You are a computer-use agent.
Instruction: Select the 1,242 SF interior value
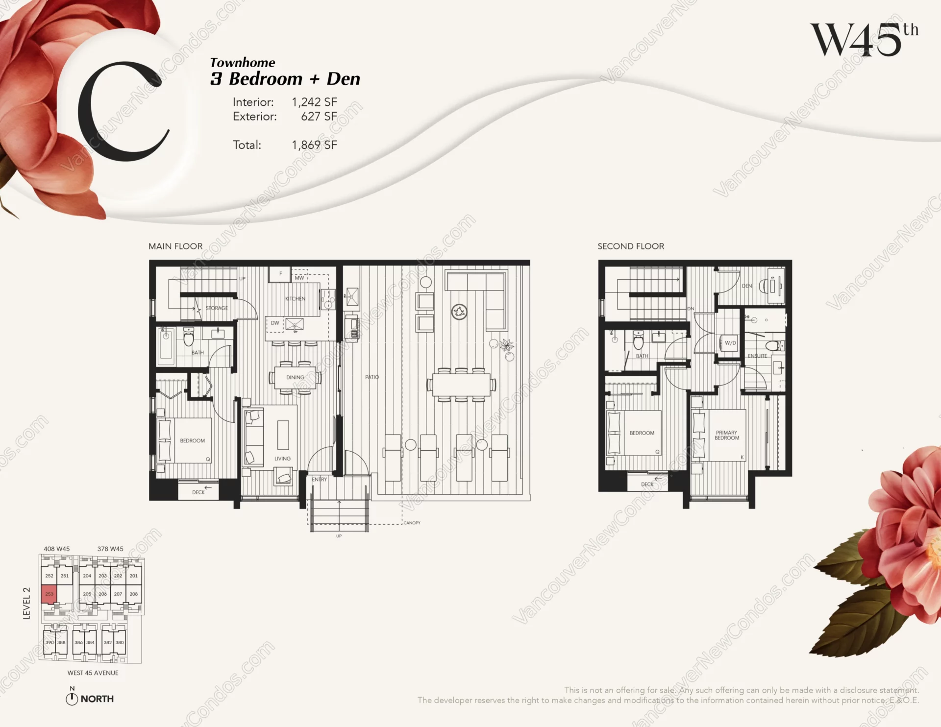tap(314, 102)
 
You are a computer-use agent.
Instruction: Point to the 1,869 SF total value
tap(314, 145)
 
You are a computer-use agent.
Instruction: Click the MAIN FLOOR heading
tap(175, 246)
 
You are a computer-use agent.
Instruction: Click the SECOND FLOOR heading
tap(631, 246)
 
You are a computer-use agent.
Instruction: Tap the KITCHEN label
tap(295, 299)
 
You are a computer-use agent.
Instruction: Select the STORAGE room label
tap(217, 308)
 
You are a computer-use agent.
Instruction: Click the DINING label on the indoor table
tap(295, 378)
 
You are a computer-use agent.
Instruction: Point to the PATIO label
tap(372, 377)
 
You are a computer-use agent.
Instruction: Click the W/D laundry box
tap(730, 343)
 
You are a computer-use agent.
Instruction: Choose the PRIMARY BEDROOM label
tap(726, 436)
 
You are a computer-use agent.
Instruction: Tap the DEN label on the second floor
tap(746, 286)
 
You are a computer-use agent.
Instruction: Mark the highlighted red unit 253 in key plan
tap(49, 594)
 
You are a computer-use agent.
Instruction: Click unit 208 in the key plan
tap(133, 594)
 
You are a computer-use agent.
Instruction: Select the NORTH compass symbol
tap(72, 699)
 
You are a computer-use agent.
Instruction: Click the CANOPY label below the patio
tap(412, 523)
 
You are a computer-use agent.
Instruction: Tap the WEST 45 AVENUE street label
tap(93, 673)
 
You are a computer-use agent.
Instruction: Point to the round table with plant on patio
tap(459, 312)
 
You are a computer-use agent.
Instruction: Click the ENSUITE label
tap(757, 356)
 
